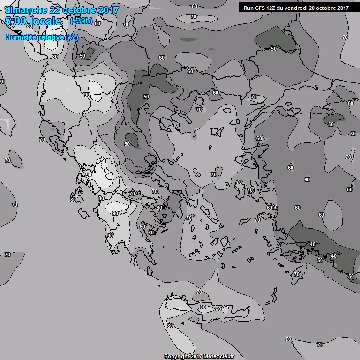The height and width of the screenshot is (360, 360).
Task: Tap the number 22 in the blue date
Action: (53, 10)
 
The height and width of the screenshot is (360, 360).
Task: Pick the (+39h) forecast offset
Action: (81, 21)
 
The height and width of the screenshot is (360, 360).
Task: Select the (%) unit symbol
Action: (72, 37)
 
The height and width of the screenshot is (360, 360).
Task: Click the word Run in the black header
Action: (249, 7)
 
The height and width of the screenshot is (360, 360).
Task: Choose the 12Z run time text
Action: (272, 7)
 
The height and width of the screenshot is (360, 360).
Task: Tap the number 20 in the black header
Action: (314, 7)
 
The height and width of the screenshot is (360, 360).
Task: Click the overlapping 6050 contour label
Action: (272, 207)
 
